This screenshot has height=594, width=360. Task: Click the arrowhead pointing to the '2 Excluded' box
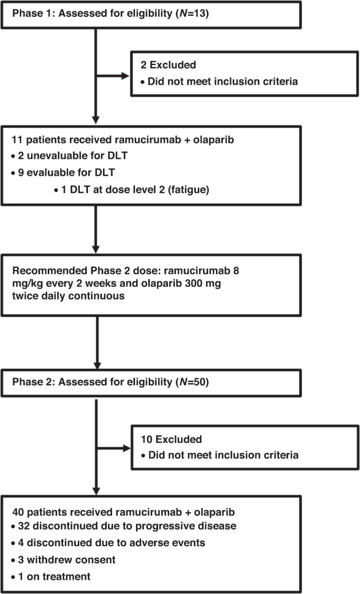click(x=126, y=75)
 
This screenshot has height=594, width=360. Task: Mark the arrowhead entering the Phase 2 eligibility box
click(x=97, y=366)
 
